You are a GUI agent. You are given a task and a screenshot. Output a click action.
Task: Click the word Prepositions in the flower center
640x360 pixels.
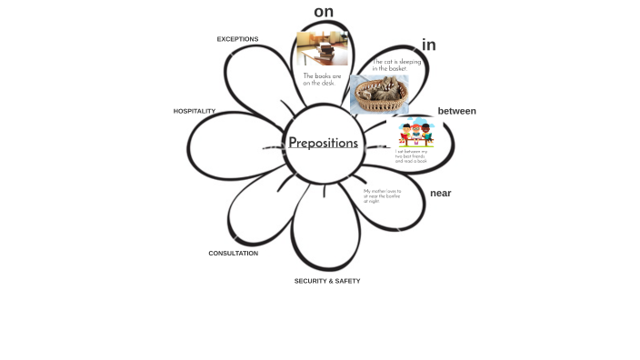323,143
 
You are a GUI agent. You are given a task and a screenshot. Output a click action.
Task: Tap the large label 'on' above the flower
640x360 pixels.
324,12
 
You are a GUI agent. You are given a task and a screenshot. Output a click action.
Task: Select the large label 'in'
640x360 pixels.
428,45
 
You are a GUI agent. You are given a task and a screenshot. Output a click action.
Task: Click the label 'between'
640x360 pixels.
456,111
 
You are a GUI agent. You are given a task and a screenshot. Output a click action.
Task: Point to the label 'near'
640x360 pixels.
440,193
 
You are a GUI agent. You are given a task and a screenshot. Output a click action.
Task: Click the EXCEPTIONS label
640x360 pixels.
237,39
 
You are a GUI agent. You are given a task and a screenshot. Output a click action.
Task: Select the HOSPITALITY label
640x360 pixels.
195,111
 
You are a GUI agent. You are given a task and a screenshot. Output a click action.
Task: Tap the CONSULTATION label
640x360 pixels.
233,254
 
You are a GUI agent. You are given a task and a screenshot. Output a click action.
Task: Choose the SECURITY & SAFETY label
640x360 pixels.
326,281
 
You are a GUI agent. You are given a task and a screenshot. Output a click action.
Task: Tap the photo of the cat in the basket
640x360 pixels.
378,95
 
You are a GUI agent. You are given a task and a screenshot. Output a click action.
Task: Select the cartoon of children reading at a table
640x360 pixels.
415,133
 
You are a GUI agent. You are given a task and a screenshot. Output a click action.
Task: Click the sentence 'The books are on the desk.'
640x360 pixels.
322,80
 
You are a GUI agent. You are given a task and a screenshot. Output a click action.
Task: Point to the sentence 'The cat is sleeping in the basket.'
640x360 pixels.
396,65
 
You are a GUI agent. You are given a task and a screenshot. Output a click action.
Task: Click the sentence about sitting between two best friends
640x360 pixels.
411,155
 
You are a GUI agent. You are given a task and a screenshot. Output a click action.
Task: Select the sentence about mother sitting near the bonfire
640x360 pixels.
382,195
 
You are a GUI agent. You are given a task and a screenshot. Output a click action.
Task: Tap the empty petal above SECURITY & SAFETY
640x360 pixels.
325,232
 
